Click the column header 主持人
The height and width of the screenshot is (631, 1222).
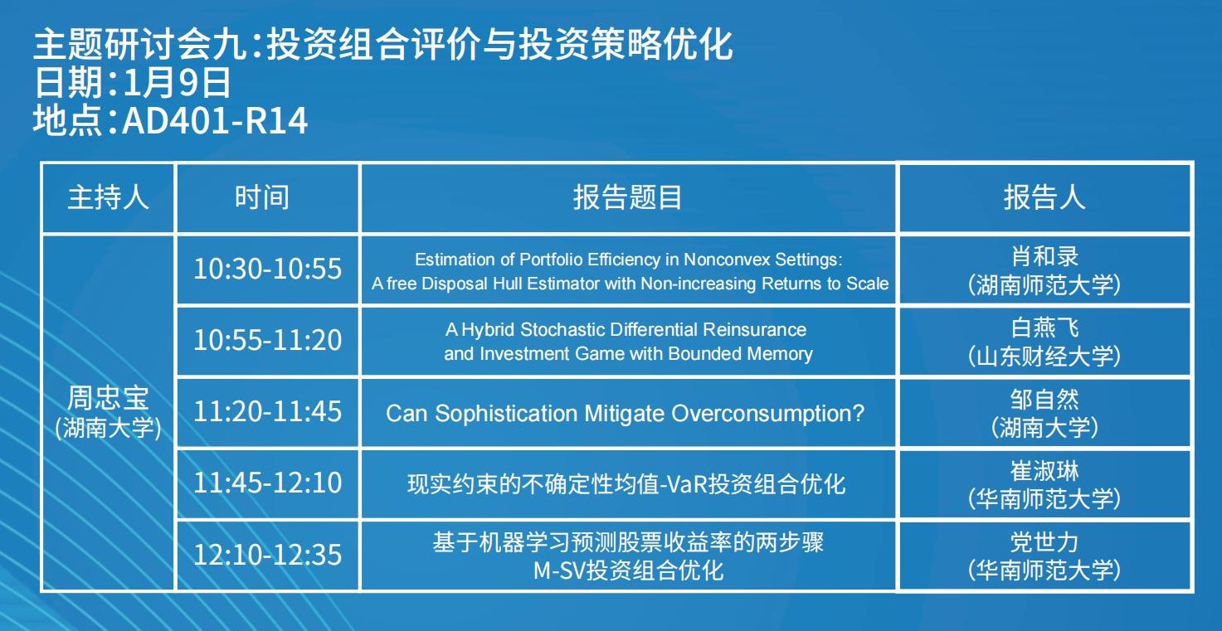pyautogui.click(x=108, y=197)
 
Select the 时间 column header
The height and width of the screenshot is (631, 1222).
pyautogui.click(x=262, y=197)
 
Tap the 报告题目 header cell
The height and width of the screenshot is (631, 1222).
pyautogui.click(x=627, y=197)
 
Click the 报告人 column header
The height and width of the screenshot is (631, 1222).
pyautogui.click(x=1044, y=197)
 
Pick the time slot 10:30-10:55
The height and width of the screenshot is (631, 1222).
pyautogui.click(x=268, y=269)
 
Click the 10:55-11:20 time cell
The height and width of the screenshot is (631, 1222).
pyautogui.click(x=268, y=340)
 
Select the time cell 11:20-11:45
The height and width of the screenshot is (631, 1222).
pyautogui.click(x=268, y=412)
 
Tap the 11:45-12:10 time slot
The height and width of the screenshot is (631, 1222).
pyautogui.click(x=268, y=483)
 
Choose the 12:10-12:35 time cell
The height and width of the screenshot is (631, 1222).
pyautogui.click(x=268, y=555)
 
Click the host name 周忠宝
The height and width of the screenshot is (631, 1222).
pyautogui.click(x=108, y=398)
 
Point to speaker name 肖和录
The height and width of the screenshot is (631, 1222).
pyautogui.click(x=1044, y=256)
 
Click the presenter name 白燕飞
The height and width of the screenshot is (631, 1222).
pyautogui.click(x=1044, y=328)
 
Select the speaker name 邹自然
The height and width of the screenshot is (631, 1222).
pyautogui.click(x=1044, y=399)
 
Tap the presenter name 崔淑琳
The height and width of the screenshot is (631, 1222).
pyautogui.click(x=1044, y=471)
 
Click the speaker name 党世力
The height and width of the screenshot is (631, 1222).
pyautogui.click(x=1044, y=542)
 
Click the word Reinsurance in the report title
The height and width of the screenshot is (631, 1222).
pyautogui.click(x=754, y=329)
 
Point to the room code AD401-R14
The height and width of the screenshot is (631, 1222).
pyautogui.click(x=215, y=121)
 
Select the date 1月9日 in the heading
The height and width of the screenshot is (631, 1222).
pyautogui.click(x=178, y=83)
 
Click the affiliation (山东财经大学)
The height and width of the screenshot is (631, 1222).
pyautogui.click(x=1044, y=357)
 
